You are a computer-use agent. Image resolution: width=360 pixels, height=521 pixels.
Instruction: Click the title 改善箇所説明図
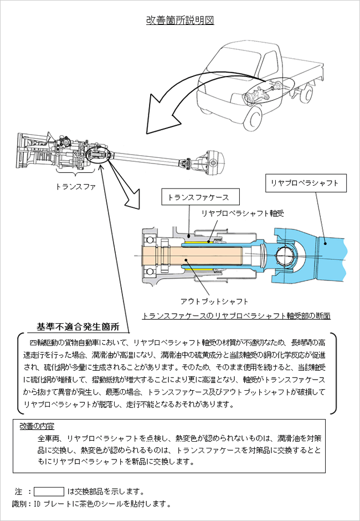[180, 21]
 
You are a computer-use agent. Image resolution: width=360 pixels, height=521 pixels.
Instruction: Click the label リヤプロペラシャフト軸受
[243, 213]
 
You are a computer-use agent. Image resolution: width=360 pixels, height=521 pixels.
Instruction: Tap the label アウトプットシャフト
[214, 300]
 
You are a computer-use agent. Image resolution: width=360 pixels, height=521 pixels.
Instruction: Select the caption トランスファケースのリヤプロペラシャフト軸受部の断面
[236, 316]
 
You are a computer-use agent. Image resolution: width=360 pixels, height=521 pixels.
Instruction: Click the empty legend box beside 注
[49, 491]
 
